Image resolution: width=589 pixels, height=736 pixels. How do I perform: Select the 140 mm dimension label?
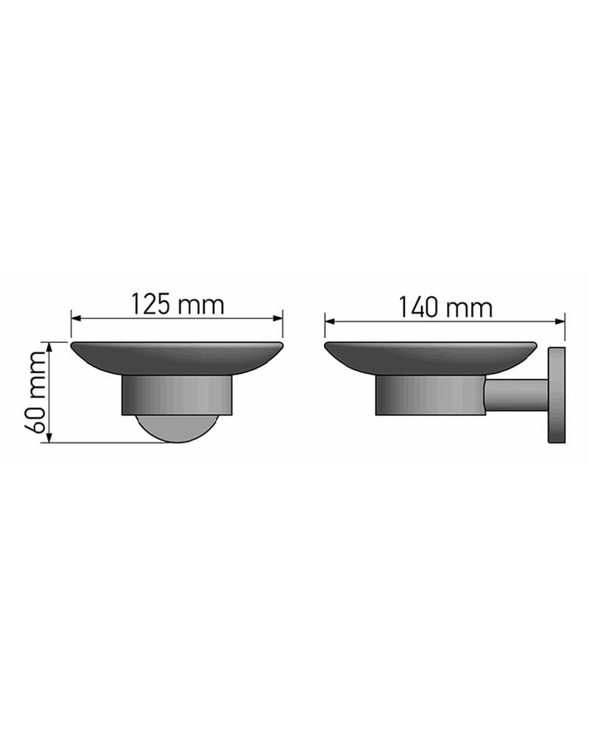tap(445, 308)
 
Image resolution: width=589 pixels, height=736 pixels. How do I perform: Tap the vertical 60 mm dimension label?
tap(35, 392)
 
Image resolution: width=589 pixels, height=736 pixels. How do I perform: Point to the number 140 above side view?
tap(418, 308)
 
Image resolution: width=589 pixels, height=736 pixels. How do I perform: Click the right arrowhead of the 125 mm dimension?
tap(277, 318)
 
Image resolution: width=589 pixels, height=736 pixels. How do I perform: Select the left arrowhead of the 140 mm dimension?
tap(330, 322)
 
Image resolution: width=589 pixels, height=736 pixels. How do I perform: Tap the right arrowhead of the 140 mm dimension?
tap(559, 322)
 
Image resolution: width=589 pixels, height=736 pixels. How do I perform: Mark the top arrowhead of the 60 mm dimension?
tap(49, 348)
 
